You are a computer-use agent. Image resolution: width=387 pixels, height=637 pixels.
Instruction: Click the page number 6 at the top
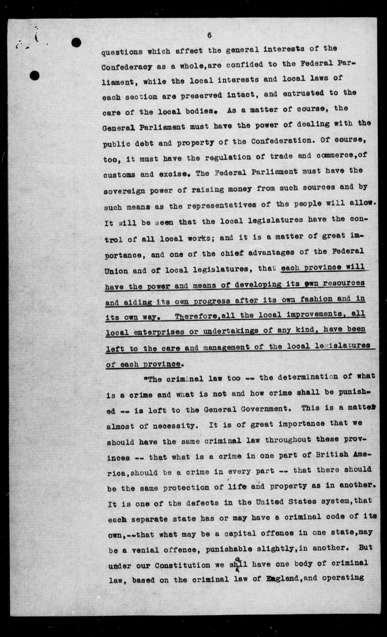point(209,36)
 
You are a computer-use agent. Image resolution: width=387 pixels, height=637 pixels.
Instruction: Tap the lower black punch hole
point(34,75)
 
